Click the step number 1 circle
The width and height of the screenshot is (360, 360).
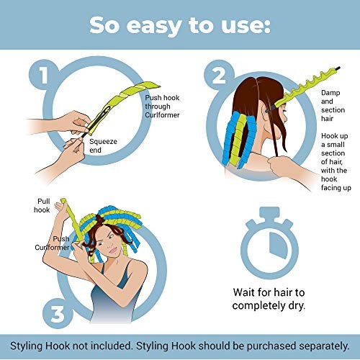coord(44,75)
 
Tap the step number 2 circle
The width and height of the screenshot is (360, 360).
coord(219,75)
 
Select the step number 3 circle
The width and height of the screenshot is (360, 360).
coord(58,314)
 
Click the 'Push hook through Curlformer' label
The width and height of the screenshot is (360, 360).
coord(162,107)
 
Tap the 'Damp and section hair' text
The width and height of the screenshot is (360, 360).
coord(333,106)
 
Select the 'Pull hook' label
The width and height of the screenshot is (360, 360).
coord(42,205)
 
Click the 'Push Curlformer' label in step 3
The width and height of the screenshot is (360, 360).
coord(52,243)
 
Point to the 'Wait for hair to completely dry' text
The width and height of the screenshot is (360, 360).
coord(269,299)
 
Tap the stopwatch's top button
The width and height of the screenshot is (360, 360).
coord(270,212)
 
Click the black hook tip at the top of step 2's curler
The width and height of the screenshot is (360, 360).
coord(338,68)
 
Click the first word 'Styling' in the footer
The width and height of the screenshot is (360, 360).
coord(27,346)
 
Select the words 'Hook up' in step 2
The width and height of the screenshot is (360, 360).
coord(335,136)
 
